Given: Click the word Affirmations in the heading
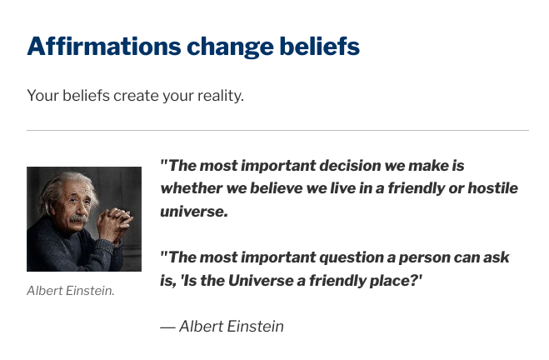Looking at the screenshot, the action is [104, 46].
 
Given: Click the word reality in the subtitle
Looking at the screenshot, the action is [221, 96].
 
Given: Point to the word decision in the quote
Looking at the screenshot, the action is [350, 166].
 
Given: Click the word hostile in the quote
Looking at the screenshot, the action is [493, 188].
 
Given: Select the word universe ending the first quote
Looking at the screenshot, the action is [194, 212].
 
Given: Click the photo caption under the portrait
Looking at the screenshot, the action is [71, 291].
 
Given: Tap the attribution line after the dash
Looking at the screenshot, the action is [232, 327].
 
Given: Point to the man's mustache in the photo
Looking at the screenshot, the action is [79, 219].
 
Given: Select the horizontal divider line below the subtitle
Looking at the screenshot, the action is [277, 130].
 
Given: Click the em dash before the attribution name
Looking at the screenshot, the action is [167, 327].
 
